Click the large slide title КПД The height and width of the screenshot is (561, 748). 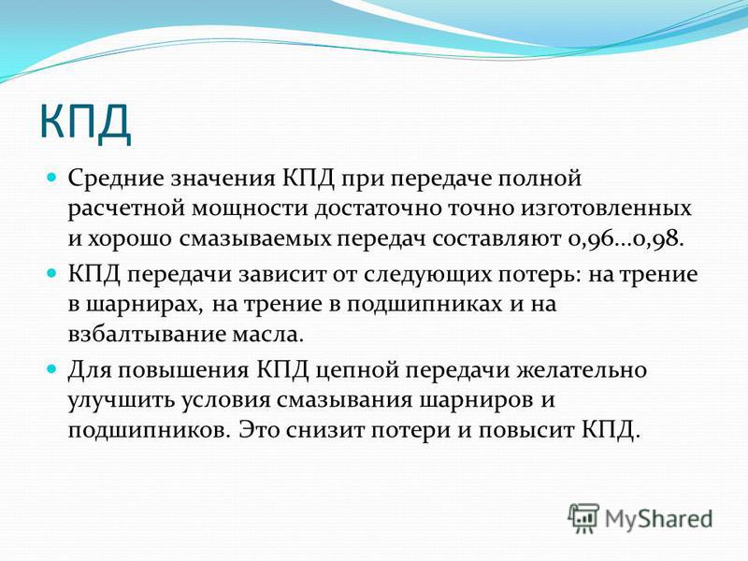(x=85, y=122)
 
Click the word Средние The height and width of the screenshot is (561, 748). (x=115, y=179)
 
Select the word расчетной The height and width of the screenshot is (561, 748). (x=126, y=209)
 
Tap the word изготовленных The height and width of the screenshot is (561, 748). (x=606, y=209)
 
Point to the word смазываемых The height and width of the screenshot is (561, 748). (x=255, y=238)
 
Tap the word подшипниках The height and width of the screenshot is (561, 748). (x=424, y=306)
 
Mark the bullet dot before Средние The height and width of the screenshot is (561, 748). (x=51, y=178)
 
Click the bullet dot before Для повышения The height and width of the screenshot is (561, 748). (x=51, y=369)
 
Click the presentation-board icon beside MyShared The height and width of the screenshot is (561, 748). (x=583, y=518)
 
